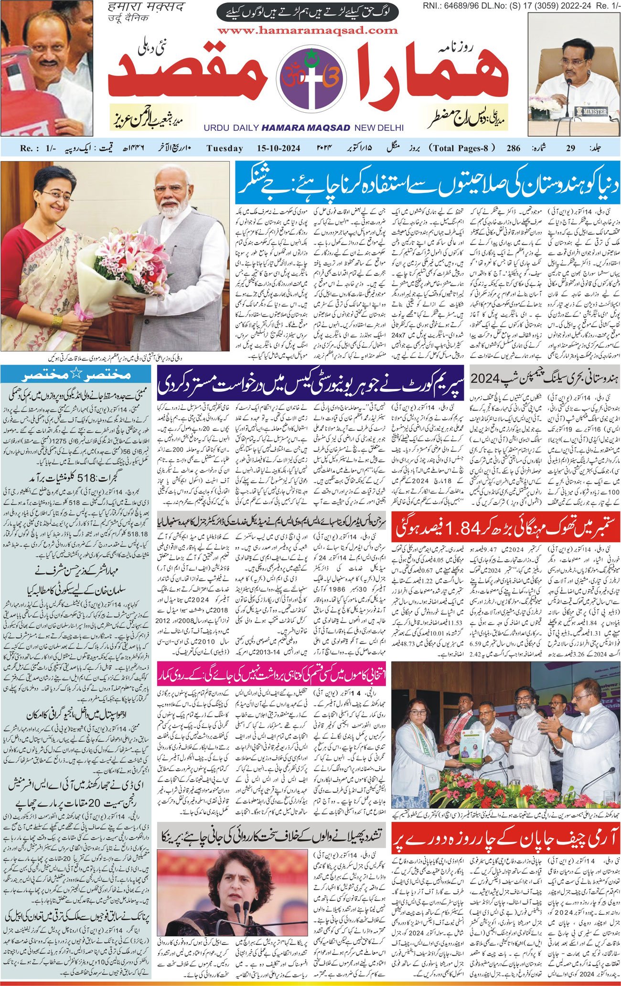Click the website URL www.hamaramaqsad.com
point(308,31)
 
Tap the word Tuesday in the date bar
point(225,148)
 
